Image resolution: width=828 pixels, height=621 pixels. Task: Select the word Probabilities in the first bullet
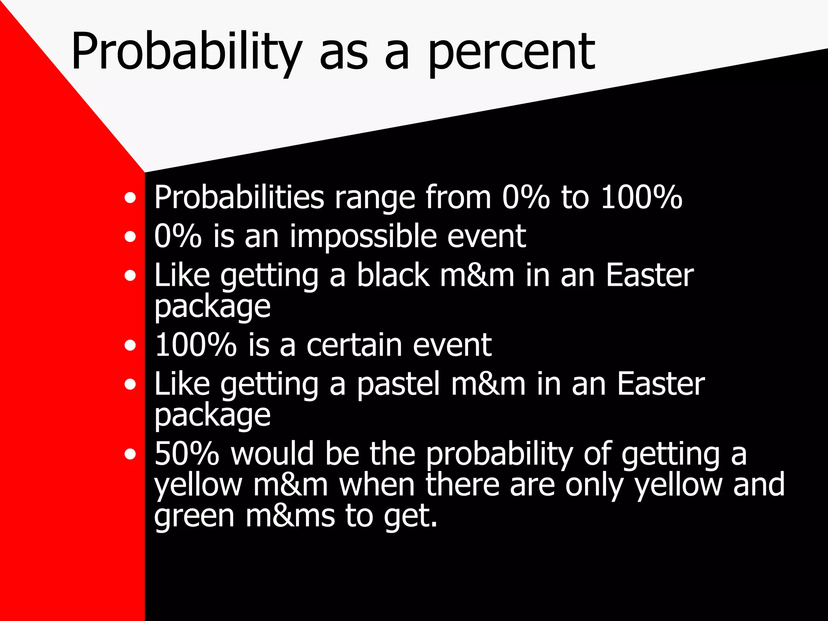coord(239,198)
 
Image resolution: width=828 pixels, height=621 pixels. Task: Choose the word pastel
coord(398,384)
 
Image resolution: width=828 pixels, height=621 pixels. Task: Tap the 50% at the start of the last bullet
coord(187,454)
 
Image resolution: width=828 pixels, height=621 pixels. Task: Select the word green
coord(194,517)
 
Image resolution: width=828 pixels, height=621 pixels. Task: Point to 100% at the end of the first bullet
coord(642,198)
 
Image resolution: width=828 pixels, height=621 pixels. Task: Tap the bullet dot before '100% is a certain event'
coord(130,346)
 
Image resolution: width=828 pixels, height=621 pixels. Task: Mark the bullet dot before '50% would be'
coord(130,454)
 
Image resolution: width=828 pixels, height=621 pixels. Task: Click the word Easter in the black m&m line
coord(650,275)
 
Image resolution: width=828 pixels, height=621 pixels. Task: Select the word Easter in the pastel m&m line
coord(661,384)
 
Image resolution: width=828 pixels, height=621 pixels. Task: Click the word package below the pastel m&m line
coord(212,416)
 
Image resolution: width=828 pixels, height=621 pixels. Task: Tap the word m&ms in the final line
coord(290,517)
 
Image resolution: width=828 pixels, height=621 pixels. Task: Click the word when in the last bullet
coord(377,485)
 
